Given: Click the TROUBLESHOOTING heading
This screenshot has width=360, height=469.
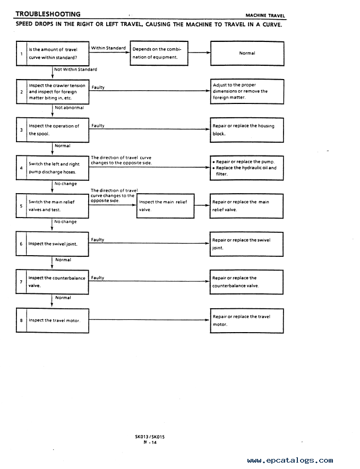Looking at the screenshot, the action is click(48, 14).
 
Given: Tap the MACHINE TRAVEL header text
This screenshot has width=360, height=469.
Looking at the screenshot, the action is click(265, 15).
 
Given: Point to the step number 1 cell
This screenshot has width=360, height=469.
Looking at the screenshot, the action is click(21, 54).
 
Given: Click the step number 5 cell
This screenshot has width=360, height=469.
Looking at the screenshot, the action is click(21, 206).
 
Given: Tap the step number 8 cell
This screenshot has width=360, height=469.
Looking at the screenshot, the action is click(21, 320).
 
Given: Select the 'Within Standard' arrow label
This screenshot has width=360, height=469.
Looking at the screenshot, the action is click(108, 48).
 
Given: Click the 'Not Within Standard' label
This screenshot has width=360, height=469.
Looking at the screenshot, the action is click(76, 70).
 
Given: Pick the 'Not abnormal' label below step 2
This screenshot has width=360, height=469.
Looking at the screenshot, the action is click(69, 108).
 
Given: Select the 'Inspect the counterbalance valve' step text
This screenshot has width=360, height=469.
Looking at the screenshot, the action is click(57, 282).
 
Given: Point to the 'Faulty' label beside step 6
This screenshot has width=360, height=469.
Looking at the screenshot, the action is click(98, 240).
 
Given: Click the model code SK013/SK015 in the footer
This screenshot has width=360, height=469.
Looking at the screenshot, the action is click(150, 437).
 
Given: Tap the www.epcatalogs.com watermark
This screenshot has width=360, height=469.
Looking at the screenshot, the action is click(290, 461).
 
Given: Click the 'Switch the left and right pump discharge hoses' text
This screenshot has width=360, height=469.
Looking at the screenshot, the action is click(54, 168).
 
